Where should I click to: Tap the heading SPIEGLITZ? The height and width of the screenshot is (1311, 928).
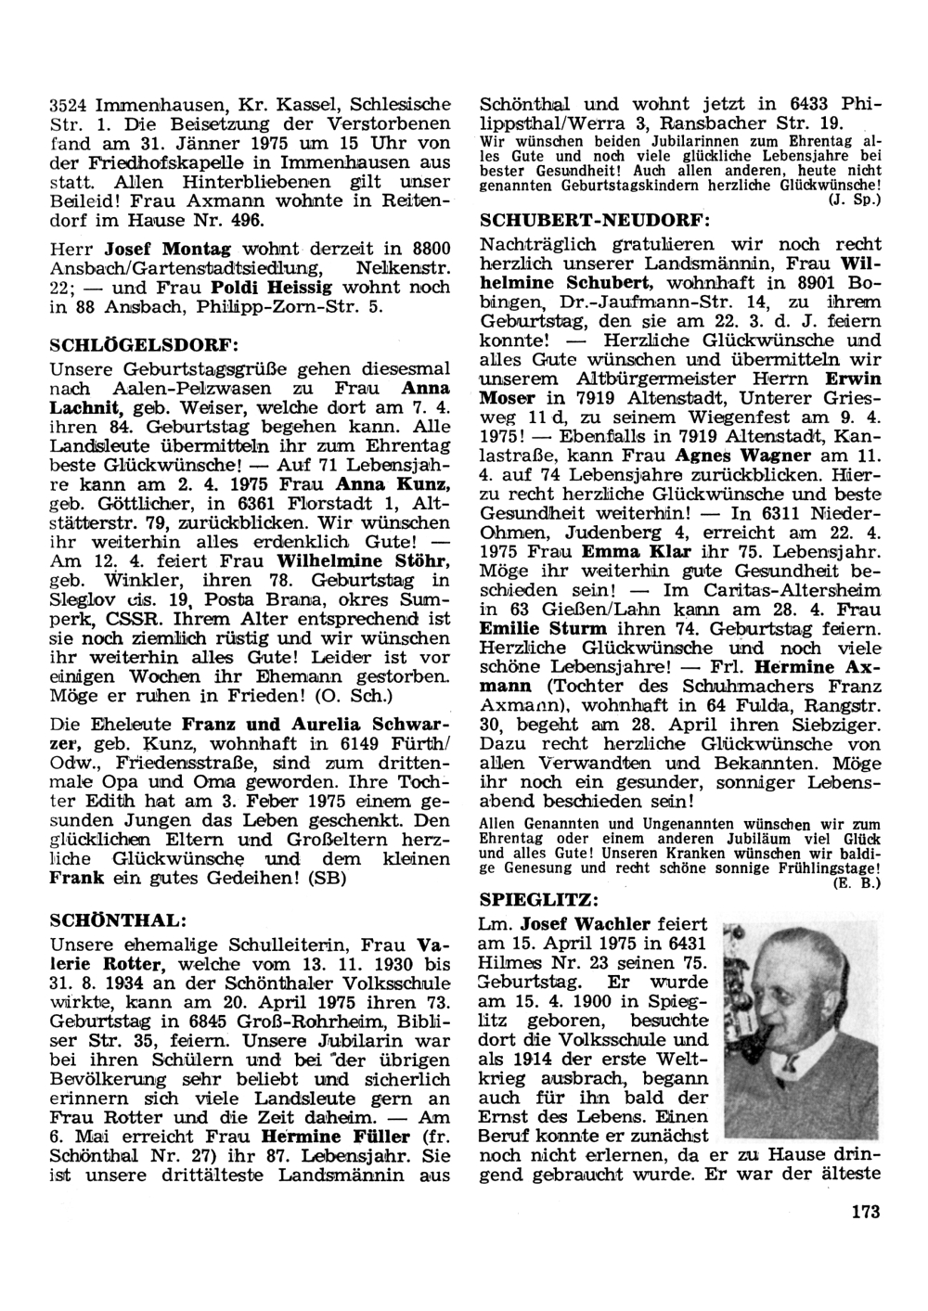pyautogui.click(x=534, y=899)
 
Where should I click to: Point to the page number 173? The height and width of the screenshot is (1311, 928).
pyautogui.click(x=864, y=1210)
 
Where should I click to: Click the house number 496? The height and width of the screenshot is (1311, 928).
pyautogui.click(x=245, y=220)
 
